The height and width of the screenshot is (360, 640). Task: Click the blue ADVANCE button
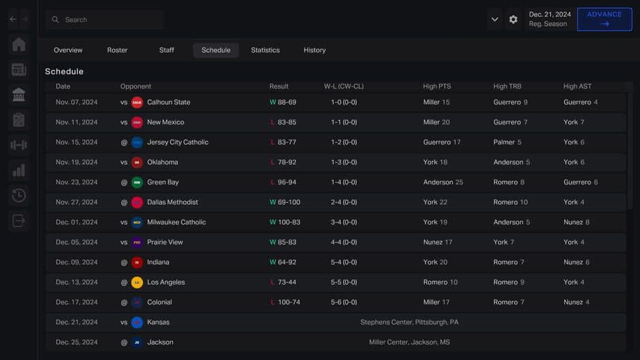click(x=604, y=19)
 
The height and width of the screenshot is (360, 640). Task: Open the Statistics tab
click(x=265, y=50)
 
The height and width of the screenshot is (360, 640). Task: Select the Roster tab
click(x=117, y=50)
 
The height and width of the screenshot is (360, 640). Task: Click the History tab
click(x=315, y=50)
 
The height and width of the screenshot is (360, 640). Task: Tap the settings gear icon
click(x=513, y=20)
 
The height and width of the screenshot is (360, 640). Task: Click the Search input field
click(x=109, y=20)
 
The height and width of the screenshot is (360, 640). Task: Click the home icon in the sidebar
click(x=19, y=45)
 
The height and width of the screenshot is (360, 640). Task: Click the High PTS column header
click(x=436, y=86)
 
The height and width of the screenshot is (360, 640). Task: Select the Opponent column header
click(x=135, y=86)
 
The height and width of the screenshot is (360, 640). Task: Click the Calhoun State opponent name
click(x=168, y=102)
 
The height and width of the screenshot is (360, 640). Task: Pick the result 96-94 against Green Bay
click(x=287, y=182)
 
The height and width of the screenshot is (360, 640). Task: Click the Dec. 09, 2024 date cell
click(x=76, y=262)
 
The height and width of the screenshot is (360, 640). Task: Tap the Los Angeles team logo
click(x=137, y=282)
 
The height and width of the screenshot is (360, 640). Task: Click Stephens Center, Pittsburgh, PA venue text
click(x=409, y=323)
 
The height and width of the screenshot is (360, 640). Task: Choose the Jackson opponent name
click(x=160, y=342)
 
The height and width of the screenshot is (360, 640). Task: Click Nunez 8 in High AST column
click(x=576, y=223)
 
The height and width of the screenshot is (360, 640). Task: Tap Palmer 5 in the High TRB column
click(x=507, y=142)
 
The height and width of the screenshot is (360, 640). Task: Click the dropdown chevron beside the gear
click(x=495, y=20)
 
